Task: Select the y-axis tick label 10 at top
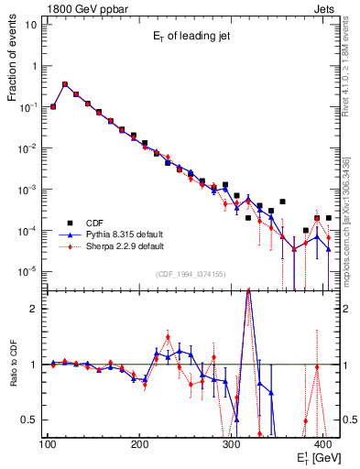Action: (x=32, y=25)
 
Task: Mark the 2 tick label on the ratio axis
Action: (x=36, y=309)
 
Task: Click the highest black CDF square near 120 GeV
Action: (x=64, y=84)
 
